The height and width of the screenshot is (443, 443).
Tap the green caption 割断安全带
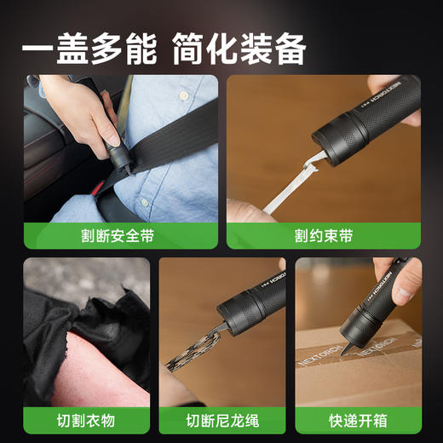(x=120, y=236)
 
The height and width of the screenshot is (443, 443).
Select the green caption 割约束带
(x=323, y=236)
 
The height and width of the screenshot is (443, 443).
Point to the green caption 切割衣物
(x=86, y=419)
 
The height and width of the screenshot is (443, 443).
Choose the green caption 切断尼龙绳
(x=221, y=419)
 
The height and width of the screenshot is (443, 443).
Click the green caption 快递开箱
(x=358, y=419)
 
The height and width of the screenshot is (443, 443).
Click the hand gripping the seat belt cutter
(x=81, y=111)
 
